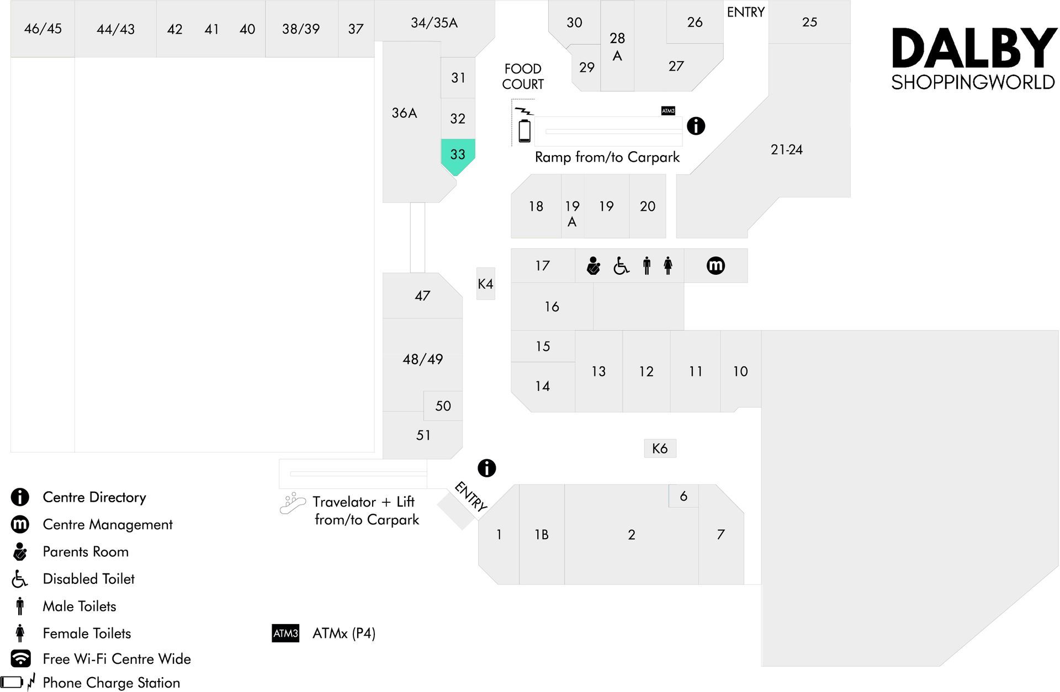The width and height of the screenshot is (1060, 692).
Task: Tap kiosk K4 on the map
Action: pos(486,284)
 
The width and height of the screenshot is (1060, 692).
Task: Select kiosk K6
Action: pos(660,448)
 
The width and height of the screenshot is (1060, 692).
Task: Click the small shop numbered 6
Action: pos(683,496)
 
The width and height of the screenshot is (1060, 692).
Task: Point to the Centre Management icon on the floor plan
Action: pos(715,265)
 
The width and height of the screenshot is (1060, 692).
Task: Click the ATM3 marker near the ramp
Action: pos(668,111)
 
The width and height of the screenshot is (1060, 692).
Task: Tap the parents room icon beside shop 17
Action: pos(593,265)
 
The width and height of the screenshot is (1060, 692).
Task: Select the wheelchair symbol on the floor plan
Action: pos(621,266)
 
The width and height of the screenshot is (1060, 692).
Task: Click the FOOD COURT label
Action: pos(523,76)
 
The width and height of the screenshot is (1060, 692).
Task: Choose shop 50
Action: pos(443,406)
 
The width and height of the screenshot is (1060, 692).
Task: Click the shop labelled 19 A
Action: pos(573,206)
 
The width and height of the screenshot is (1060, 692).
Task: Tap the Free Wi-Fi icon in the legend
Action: pos(20,658)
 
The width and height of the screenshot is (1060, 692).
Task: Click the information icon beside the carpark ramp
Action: pos(696,126)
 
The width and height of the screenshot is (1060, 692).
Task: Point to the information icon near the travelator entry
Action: pos(486,468)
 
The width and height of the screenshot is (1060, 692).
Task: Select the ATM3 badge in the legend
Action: pos(285,633)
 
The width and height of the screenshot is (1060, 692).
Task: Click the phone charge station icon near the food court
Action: pos(524,125)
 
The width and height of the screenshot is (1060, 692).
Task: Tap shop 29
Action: pos(586,67)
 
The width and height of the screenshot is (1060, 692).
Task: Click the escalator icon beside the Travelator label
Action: pos(293,503)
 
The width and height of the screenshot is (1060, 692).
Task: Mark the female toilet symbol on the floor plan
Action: pos(668,265)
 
